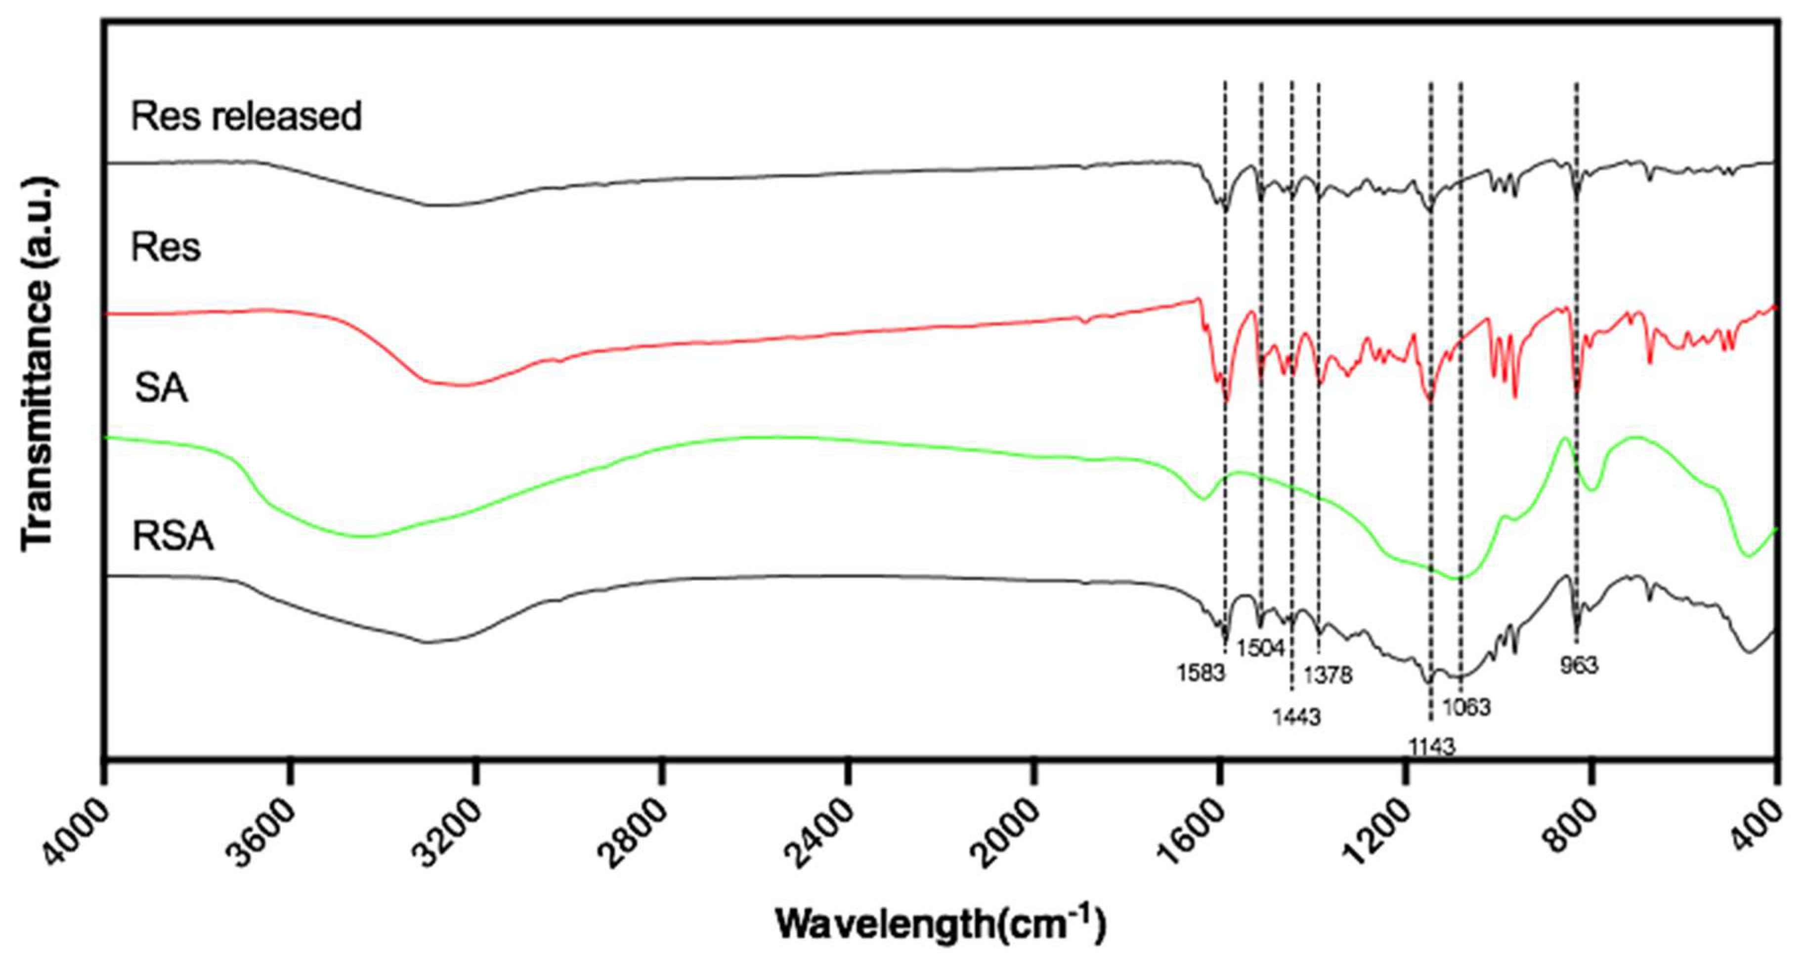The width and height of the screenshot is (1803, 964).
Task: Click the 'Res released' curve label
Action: [x=246, y=116]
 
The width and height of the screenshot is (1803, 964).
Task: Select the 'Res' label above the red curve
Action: [x=166, y=248]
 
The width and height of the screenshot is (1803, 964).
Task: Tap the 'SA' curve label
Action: [x=161, y=388]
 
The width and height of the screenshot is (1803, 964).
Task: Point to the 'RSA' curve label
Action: [x=172, y=537]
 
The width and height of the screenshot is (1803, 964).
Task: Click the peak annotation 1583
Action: [x=1201, y=673]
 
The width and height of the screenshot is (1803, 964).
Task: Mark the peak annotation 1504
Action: [x=1260, y=648]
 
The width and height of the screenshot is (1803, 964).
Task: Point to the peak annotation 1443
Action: [x=1296, y=717]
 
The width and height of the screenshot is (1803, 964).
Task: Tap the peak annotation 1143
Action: [x=1432, y=747]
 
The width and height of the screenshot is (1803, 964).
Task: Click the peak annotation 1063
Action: [x=1466, y=707]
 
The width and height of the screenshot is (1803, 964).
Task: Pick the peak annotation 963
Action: [x=1579, y=665]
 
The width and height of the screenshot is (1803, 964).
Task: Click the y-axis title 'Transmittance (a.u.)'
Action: [x=37, y=364]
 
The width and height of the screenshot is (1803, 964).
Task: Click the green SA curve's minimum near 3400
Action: [x=364, y=537]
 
